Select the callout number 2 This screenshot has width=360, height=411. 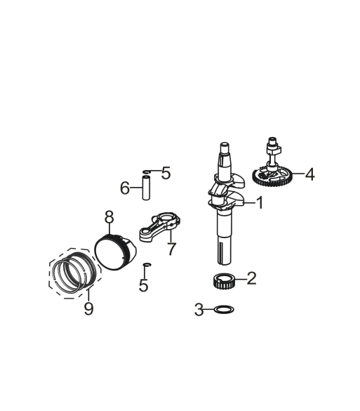[252, 278]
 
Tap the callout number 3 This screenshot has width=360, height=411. [199, 310]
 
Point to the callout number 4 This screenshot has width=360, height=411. [310, 174]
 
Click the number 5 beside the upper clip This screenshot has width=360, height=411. [166, 173]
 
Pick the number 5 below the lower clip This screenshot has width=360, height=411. [143, 285]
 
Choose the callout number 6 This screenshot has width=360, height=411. [125, 188]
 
